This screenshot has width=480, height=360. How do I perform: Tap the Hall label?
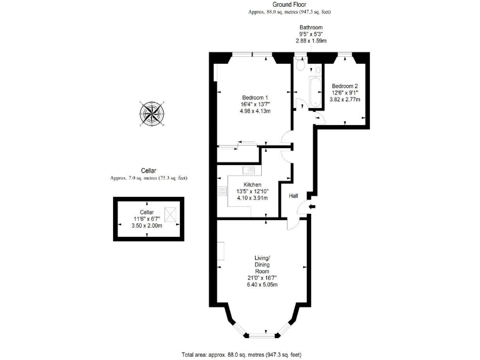(293, 196)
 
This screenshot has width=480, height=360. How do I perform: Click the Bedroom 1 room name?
(255, 97)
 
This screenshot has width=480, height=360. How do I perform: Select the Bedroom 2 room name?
(344, 86)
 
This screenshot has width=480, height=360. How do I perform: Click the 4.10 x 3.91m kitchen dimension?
(252, 198)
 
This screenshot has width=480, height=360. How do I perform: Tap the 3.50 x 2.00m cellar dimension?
(147, 226)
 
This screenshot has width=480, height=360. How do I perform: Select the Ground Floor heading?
(289, 4)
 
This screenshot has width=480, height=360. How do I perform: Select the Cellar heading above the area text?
(148, 171)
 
